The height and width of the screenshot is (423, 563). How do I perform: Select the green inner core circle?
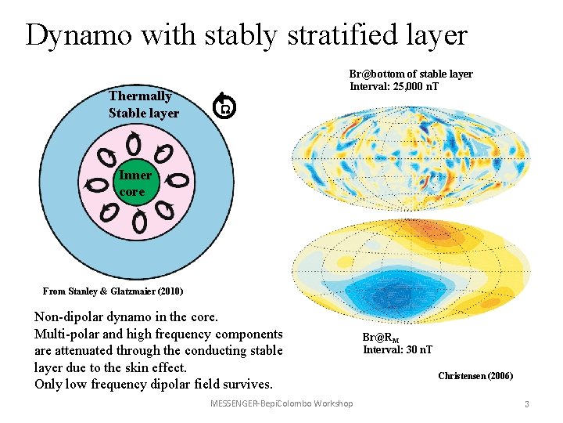click(134, 182)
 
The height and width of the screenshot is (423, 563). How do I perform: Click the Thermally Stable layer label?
click(143, 104)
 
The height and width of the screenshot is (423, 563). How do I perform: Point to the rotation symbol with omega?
click(224, 107)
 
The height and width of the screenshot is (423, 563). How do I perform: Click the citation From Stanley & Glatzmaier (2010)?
click(113, 291)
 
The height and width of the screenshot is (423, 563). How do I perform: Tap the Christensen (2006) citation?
click(475, 376)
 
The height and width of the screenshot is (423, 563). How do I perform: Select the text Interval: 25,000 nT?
click(394, 86)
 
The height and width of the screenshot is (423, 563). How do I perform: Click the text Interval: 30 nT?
click(397, 349)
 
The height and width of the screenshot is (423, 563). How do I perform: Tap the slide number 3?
click(527, 404)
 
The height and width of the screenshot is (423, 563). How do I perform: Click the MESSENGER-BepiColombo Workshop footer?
click(281, 403)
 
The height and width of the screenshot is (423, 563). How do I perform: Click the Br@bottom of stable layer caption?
click(411, 74)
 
